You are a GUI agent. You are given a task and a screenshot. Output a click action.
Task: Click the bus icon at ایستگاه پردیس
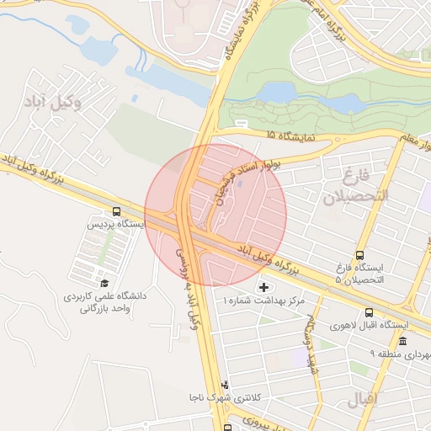(115, 212)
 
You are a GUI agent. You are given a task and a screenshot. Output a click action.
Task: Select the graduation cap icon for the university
(104, 283)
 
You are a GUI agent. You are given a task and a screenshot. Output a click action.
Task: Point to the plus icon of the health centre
(264, 288)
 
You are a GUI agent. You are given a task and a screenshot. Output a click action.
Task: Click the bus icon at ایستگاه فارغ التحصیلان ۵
(360, 256)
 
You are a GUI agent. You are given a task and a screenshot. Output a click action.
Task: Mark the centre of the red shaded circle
(215, 215)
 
